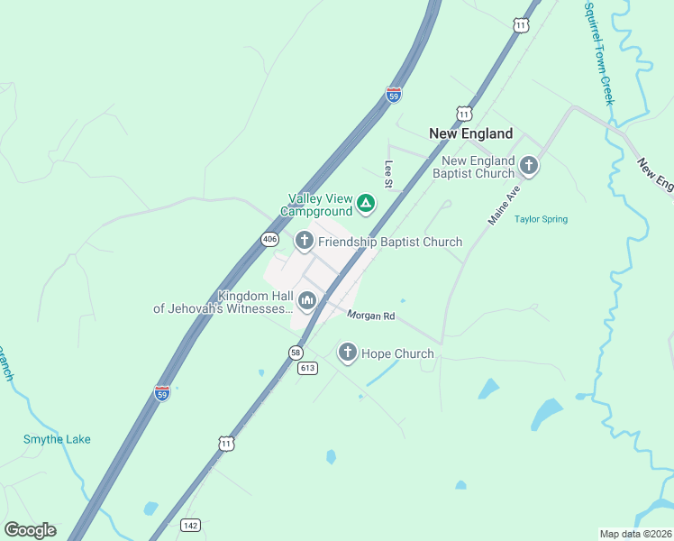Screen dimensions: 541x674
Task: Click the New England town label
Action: click(470, 133)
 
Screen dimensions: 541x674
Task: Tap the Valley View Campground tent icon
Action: click(365, 204)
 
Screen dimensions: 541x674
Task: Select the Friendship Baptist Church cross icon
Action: click(305, 241)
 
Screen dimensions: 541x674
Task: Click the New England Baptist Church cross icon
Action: click(529, 165)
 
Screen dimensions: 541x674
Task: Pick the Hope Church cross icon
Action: click(348, 353)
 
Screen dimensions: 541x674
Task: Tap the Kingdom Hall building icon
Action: click(307, 300)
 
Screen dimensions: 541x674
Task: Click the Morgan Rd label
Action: click(372, 316)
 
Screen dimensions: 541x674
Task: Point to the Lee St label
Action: click(389, 174)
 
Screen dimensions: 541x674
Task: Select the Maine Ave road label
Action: click(505, 206)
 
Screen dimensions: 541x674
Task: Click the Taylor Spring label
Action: click(541, 219)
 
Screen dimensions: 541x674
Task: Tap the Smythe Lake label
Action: click(57, 439)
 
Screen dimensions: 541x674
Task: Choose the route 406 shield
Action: click(269, 239)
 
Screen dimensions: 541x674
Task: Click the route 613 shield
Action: click(308, 368)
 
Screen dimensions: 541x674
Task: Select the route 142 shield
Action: click(190, 526)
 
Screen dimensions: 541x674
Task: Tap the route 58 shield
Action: click(296, 352)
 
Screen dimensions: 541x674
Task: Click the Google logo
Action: click(30, 530)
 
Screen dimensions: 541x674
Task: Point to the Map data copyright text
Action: click(635, 534)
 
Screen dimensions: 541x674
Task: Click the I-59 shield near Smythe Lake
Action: click(162, 393)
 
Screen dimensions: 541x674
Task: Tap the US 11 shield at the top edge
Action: click(521, 25)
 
